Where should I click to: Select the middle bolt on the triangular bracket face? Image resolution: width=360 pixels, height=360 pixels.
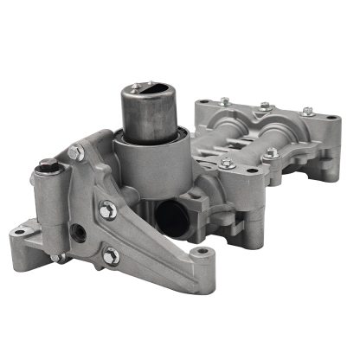click(107, 207)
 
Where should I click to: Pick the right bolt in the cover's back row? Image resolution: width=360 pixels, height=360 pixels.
click(307, 112)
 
